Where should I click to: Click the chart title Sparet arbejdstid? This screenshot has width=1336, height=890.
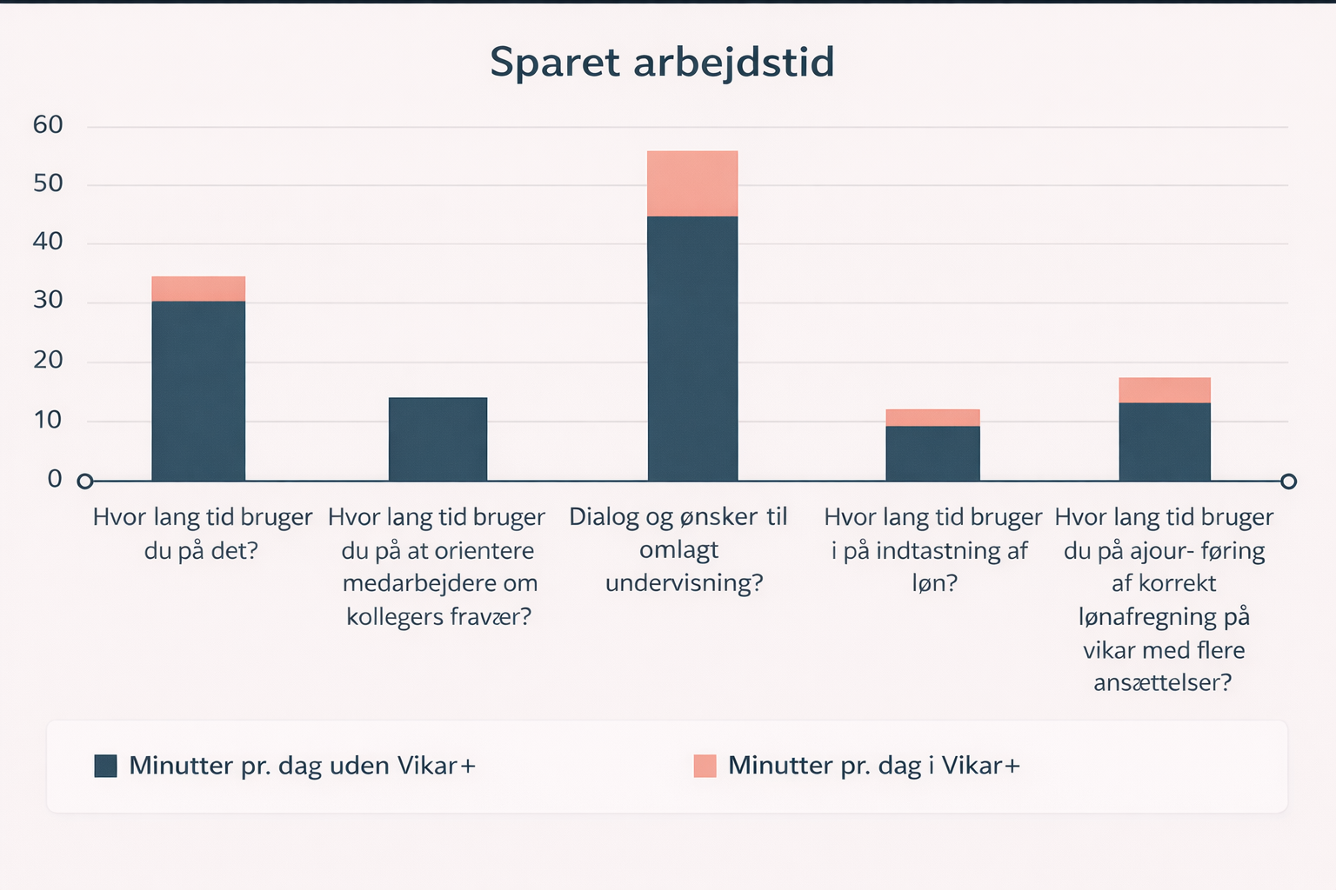(x=662, y=63)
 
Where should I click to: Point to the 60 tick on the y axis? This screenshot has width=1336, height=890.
(x=48, y=125)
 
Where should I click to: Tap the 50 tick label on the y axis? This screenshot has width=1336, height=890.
(x=48, y=183)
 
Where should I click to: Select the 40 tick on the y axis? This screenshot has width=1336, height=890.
(x=48, y=242)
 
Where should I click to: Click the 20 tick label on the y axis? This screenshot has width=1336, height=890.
(x=48, y=360)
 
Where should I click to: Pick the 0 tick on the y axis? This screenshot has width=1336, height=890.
(x=55, y=479)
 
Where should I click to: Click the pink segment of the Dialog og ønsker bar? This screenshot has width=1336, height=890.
(x=692, y=183)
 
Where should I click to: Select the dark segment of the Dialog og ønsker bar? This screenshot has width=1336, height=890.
(x=692, y=348)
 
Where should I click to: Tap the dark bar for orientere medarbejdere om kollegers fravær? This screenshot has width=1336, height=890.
(x=438, y=439)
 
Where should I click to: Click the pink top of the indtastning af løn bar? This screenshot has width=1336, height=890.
(x=932, y=418)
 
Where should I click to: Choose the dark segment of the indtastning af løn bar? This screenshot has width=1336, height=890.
(x=932, y=453)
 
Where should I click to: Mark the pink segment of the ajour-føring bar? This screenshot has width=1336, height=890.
(x=1165, y=390)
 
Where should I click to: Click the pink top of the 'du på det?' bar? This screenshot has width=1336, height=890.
(x=198, y=289)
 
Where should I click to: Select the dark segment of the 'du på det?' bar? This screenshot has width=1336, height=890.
(x=198, y=391)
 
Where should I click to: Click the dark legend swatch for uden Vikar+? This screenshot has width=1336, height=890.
(x=105, y=766)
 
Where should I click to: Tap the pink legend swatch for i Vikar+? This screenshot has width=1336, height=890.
(x=705, y=766)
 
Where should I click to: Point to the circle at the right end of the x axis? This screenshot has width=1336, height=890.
(x=1289, y=482)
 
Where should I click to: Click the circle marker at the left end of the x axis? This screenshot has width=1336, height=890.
(x=84, y=482)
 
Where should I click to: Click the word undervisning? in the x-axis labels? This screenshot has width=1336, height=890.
(x=684, y=582)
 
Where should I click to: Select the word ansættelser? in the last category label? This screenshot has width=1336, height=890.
(x=1163, y=683)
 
